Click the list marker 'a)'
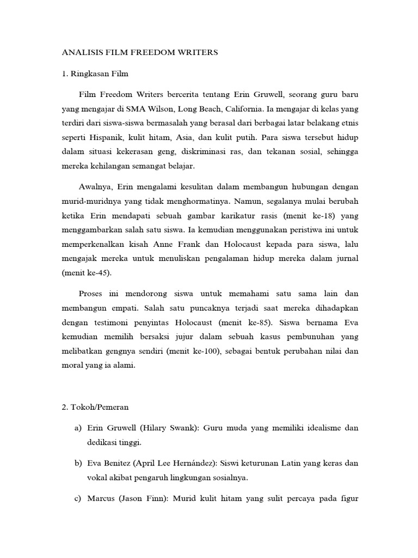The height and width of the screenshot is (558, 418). (78, 429)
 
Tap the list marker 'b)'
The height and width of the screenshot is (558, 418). (78, 464)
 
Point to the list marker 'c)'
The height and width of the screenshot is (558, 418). (78, 499)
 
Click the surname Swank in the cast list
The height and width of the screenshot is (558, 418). (180, 429)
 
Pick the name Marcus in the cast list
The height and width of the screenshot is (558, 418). (102, 499)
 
